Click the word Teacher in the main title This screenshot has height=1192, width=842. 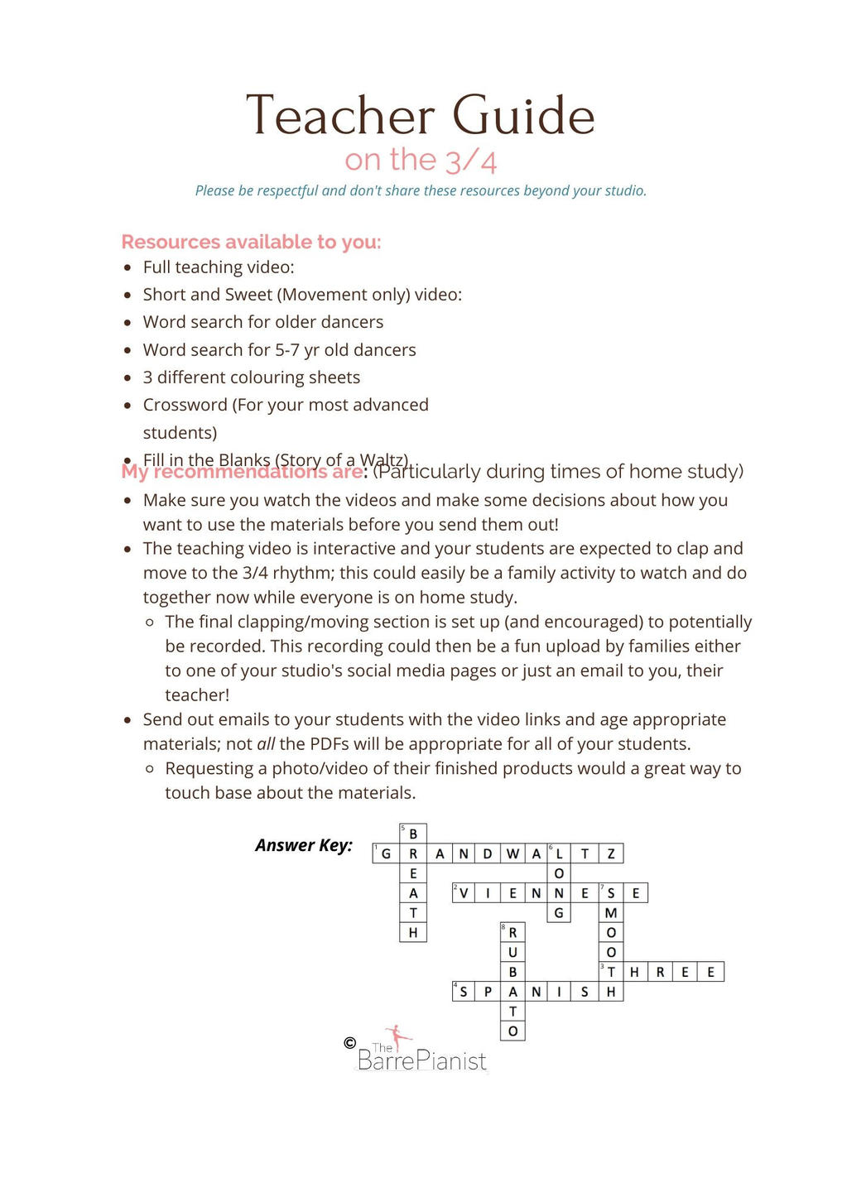pyautogui.click(x=340, y=116)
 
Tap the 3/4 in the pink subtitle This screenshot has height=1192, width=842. pyautogui.click(x=471, y=161)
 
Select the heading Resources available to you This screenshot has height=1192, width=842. pyautogui.click(x=251, y=242)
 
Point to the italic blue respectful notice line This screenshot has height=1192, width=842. pyautogui.click(x=421, y=191)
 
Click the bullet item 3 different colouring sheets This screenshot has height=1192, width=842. pyautogui.click(x=251, y=377)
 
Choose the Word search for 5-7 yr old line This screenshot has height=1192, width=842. pyautogui.click(x=279, y=350)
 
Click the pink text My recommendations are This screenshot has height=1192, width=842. pyautogui.click(x=242, y=473)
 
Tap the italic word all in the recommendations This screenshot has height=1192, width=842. pyautogui.click(x=266, y=744)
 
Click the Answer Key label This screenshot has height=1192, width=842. pyautogui.click(x=303, y=845)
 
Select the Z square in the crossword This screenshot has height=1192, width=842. pyautogui.click(x=611, y=853)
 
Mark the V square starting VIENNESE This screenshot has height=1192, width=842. pyautogui.click(x=464, y=893)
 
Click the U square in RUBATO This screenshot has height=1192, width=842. pyautogui.click(x=512, y=953)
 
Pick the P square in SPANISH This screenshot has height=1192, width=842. pyautogui.click(x=488, y=992)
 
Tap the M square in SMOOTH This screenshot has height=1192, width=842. pyautogui.click(x=611, y=913)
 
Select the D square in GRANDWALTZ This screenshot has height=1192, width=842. pyautogui.click(x=488, y=853)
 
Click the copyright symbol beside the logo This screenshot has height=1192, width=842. pyautogui.click(x=349, y=1043)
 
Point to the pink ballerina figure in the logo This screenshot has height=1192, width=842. pyautogui.click(x=399, y=1036)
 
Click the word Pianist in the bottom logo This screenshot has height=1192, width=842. pyautogui.click(x=451, y=1061)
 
